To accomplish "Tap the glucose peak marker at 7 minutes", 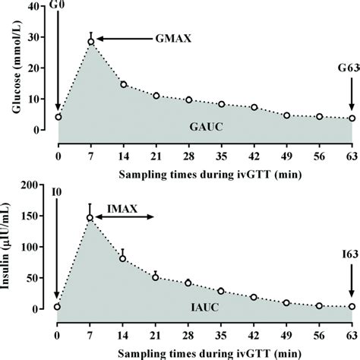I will click(90, 42).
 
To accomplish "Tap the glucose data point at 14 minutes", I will click(123, 84).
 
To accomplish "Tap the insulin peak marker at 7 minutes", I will click(90, 218).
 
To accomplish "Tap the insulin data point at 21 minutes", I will click(156, 277).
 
